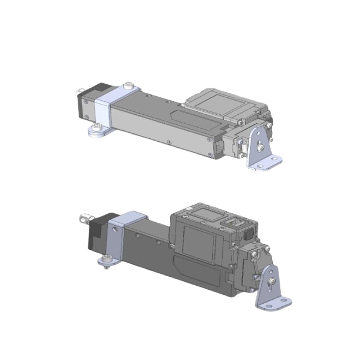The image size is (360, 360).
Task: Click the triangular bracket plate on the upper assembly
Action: click(x=260, y=146)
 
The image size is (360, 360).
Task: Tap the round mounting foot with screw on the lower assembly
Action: click(x=106, y=260)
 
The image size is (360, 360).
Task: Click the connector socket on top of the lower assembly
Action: click(x=235, y=220)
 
